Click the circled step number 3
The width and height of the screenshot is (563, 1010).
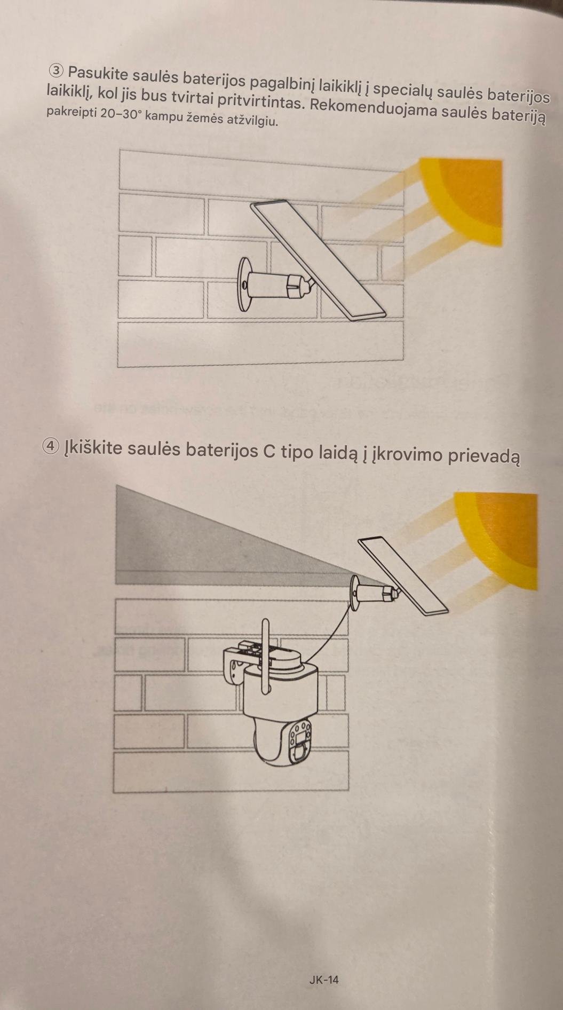tap(56, 70)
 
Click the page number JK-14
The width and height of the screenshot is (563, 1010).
tap(324, 980)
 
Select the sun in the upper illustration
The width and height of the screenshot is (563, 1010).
tap(462, 201)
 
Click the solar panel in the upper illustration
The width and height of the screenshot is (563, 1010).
tap(319, 261)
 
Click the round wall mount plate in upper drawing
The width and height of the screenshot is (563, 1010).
tap(244, 285)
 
